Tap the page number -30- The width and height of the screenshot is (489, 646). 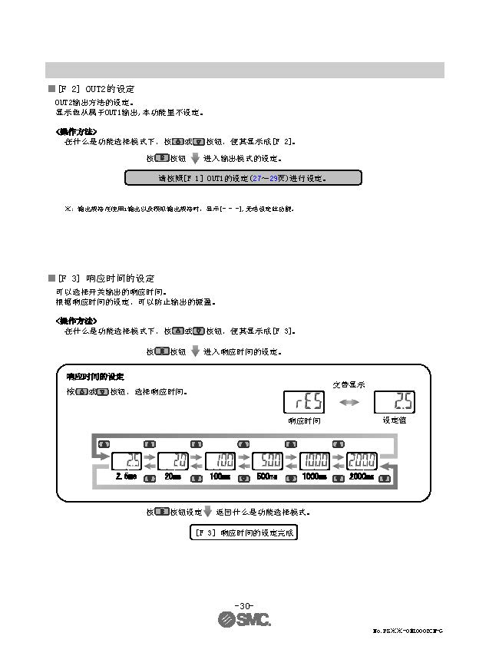(x=243, y=605)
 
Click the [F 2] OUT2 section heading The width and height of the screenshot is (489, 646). (x=96, y=90)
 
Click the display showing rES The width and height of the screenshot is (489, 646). (x=304, y=401)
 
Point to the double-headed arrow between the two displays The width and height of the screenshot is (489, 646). (x=349, y=402)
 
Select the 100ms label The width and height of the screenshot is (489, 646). (x=220, y=477)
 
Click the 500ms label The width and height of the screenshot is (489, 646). (x=267, y=477)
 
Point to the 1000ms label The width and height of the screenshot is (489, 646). (x=315, y=477)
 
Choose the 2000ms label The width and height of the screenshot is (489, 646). (x=361, y=477)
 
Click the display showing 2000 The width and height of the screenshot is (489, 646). (x=361, y=461)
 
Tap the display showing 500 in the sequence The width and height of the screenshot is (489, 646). (x=267, y=461)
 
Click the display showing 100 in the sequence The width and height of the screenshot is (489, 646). (x=220, y=461)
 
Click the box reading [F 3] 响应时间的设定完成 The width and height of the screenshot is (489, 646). (x=243, y=532)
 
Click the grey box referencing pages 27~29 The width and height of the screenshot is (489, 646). (x=243, y=179)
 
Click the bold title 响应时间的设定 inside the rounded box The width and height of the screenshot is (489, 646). (x=94, y=377)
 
